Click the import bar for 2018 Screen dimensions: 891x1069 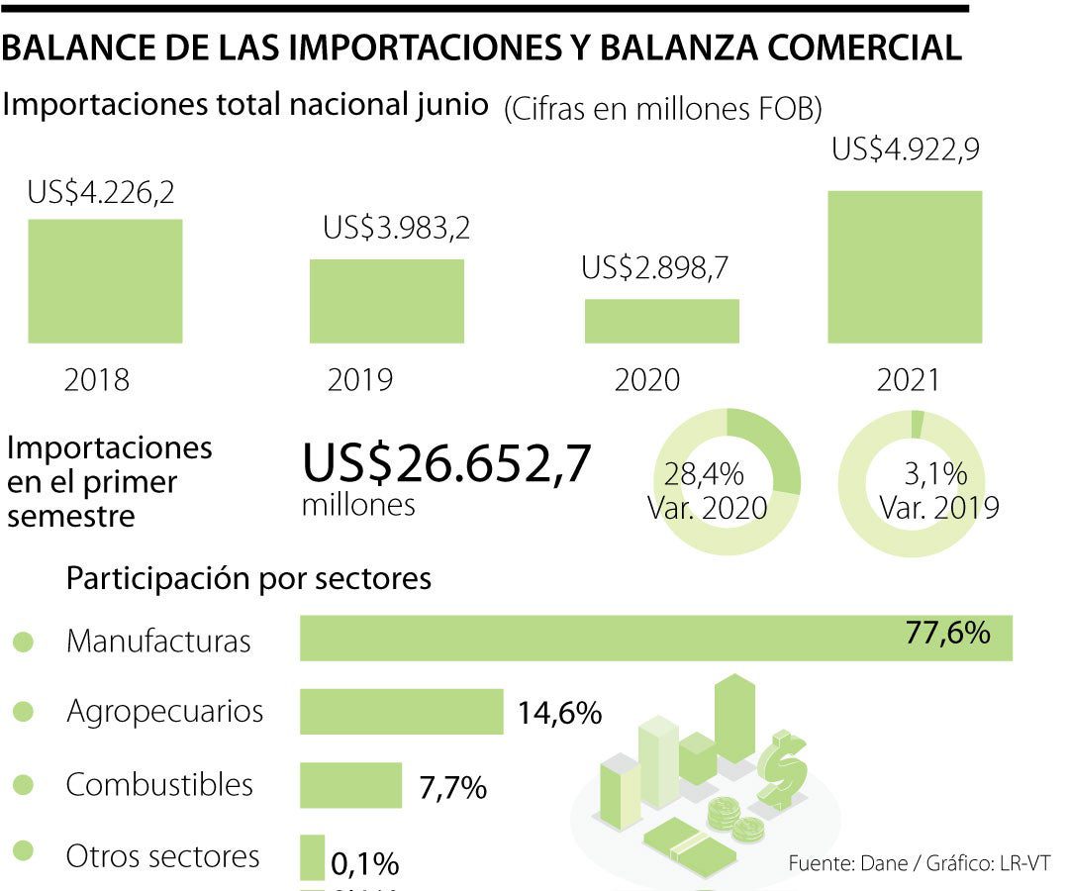pos(105,281)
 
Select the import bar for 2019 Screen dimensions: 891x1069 pos(387,301)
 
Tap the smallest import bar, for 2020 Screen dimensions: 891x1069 pos(661,321)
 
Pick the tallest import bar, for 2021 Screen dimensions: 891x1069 pos(905,267)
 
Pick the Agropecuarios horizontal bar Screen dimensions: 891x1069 pos(402,712)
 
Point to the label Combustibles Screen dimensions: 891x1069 pos(159,785)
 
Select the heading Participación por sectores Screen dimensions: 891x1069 pos(248,578)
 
